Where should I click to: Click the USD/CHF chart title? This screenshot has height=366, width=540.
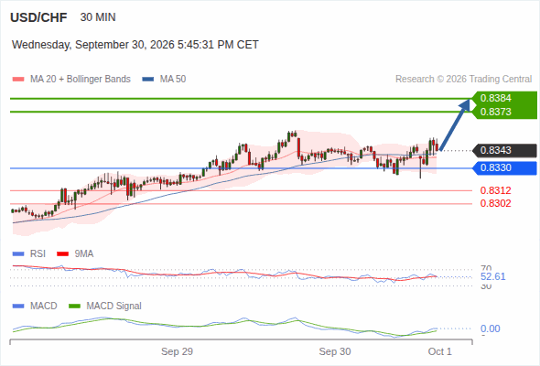click(38, 17)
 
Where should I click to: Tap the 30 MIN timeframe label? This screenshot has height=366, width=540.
click(98, 17)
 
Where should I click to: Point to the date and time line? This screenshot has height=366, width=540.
click(135, 45)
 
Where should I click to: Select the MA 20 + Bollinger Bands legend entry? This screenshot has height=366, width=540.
click(71, 80)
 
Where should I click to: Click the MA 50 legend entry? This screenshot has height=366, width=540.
click(164, 80)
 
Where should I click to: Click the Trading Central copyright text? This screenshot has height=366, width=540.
click(463, 80)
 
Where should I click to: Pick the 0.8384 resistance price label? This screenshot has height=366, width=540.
click(495, 98)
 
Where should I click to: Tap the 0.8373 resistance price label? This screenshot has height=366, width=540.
click(495, 112)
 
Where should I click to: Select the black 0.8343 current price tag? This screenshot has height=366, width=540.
click(504, 150)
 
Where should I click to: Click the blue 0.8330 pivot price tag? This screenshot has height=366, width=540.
click(504, 168)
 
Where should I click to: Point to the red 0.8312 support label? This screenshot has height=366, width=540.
click(495, 190)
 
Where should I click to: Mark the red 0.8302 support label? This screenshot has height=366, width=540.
click(495, 203)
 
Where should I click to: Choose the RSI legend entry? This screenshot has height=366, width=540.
click(29, 253)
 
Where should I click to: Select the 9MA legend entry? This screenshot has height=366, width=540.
click(75, 253)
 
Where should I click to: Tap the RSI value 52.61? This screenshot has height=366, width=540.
click(492, 276)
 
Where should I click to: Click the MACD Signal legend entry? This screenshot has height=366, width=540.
click(105, 306)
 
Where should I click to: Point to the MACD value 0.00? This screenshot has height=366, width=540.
click(490, 328)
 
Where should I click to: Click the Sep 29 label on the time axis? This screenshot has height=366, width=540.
click(177, 351)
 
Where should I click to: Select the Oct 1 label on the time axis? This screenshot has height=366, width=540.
click(440, 351)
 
